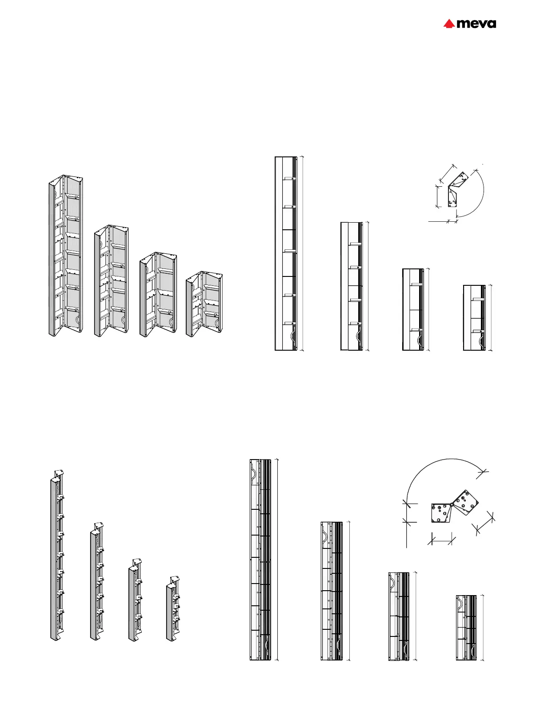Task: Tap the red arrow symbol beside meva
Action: coord(448,24)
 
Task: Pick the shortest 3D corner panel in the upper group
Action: coord(204,304)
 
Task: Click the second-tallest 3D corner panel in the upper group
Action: coord(111,281)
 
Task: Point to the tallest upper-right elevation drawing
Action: coord(286,253)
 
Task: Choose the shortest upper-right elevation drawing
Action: coord(474,318)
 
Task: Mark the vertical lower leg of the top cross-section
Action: coord(453,197)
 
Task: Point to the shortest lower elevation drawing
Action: coord(466,627)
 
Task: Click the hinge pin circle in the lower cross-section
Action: coord(451,504)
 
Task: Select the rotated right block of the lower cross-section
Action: coord(464,503)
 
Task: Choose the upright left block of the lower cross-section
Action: coord(440,512)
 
